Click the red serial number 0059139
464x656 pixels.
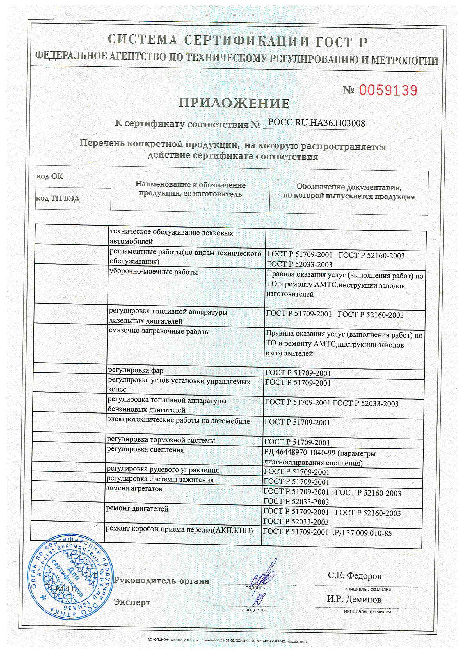pyautogui.click(x=388, y=90)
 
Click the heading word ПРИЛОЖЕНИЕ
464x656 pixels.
pyautogui.click(x=234, y=103)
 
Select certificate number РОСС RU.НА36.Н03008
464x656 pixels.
pyautogui.click(x=316, y=123)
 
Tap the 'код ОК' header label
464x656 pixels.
pyautogui.click(x=49, y=176)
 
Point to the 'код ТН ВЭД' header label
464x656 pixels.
pyautogui.click(x=58, y=198)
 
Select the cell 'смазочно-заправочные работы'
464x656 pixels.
pyautogui.click(x=159, y=331)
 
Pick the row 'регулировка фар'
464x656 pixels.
pyautogui.click(x=136, y=370)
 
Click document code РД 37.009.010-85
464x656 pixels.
pyautogui.click(x=363, y=533)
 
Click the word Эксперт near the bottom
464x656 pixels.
pyautogui.click(x=132, y=602)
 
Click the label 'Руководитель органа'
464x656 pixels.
pyautogui.click(x=161, y=581)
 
